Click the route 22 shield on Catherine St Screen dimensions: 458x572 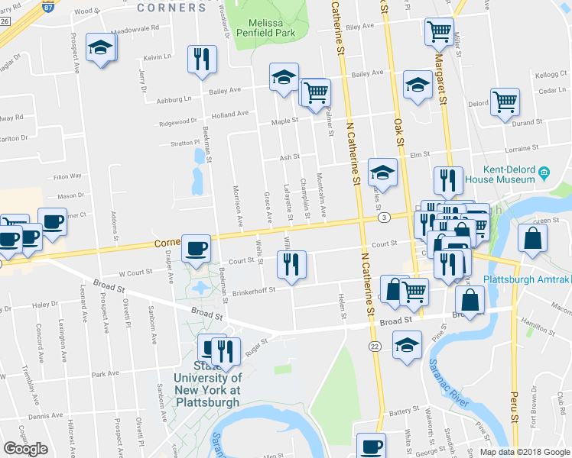[x=375, y=347]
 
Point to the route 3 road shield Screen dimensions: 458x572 [x=383, y=218]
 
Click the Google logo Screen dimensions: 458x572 [x=25, y=449]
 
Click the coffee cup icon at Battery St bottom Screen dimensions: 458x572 [x=372, y=446]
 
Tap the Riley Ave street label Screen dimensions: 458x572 [x=359, y=26]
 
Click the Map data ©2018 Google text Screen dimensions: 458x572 [x=524, y=452]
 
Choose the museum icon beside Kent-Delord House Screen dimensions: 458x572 [x=544, y=172]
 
